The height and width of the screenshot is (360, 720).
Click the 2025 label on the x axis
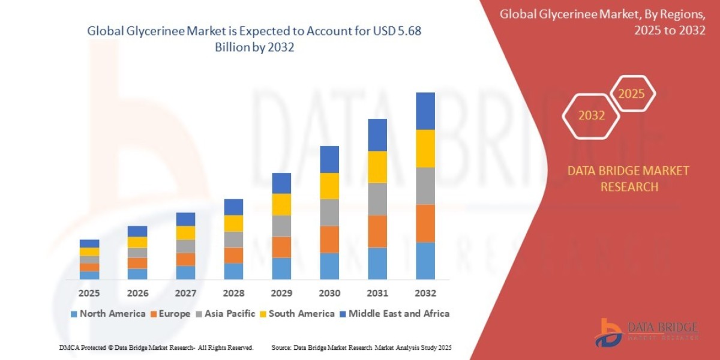pyautogui.click(x=89, y=293)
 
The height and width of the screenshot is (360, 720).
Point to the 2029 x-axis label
pyautogui.click(x=281, y=293)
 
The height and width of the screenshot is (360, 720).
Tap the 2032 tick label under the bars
pyautogui.click(x=425, y=293)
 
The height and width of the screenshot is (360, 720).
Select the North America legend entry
pyautogui.click(x=108, y=313)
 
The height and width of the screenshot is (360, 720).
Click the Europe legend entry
pyautogui.click(x=170, y=313)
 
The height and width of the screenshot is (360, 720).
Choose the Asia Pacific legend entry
pyautogui.click(x=226, y=313)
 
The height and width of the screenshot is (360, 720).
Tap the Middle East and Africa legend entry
pyautogui.click(x=394, y=313)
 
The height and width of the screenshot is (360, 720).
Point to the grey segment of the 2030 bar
pyautogui.click(x=329, y=212)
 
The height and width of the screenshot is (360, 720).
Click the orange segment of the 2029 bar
pyautogui.click(x=281, y=247)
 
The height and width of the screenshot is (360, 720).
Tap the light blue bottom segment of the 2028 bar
pyautogui.click(x=233, y=271)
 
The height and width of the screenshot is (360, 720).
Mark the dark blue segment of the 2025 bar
pyautogui.click(x=89, y=244)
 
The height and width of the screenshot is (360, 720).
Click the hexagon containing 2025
pyautogui.click(x=631, y=94)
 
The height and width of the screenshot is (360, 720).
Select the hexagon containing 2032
pyautogui.click(x=592, y=116)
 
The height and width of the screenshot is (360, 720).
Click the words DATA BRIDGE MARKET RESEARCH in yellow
pyautogui.click(x=629, y=179)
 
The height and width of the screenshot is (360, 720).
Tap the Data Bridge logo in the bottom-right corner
pyautogui.click(x=647, y=332)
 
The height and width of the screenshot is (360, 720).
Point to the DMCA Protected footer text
pyautogui.click(x=156, y=347)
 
